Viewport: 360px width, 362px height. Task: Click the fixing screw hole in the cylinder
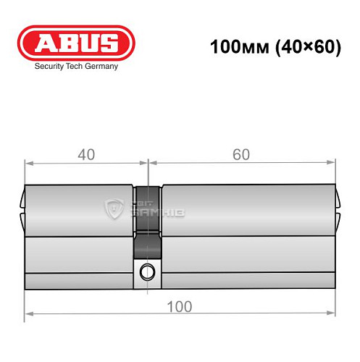coord(148,272)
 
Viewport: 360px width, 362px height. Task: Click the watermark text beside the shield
coord(155,209)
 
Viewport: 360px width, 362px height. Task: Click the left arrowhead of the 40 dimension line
coord(29,164)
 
